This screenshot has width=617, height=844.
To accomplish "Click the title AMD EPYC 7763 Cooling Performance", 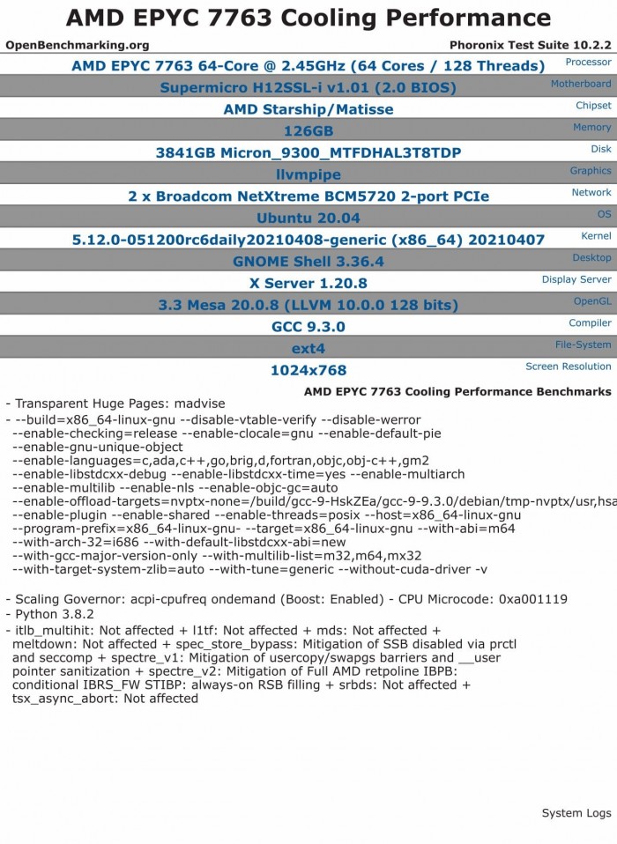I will tap(308, 18).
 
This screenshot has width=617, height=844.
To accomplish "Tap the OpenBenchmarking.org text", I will tap(78, 45).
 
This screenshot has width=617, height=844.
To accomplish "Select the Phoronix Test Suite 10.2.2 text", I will tap(530, 45).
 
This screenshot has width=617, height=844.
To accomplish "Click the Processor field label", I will tap(588, 63).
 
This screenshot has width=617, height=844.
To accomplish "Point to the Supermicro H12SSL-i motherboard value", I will tap(308, 87).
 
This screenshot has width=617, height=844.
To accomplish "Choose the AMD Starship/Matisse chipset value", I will tap(308, 109).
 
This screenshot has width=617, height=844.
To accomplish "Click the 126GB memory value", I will tap(308, 131).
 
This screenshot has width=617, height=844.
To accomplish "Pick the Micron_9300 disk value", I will tap(308, 152).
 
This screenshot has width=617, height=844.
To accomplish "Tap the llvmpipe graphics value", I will tap(308, 174).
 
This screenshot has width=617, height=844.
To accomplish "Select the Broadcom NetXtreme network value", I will tap(308, 196).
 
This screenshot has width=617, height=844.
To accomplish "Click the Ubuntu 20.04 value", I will tap(308, 218).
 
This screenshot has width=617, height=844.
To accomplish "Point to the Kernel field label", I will tap(596, 236).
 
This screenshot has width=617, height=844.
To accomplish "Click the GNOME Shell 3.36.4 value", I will tap(308, 262).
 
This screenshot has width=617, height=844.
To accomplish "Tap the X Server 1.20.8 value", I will tap(308, 283).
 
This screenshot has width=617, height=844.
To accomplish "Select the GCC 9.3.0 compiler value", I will tap(308, 327).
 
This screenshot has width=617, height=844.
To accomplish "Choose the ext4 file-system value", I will tap(308, 348).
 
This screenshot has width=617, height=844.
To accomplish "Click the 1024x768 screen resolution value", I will tap(308, 370).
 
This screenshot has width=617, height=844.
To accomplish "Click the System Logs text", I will tap(576, 812).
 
